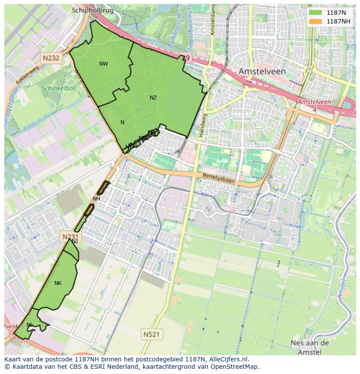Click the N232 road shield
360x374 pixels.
pos(51,57)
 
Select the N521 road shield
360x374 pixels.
pos(151,334)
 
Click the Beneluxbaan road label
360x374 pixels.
pos(219,177)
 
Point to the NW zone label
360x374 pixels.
pos(103,64)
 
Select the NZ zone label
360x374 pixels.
pos(153,98)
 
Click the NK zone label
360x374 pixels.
pos(58,283)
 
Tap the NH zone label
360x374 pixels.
pos(96,199)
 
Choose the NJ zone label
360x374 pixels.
pos(75,242)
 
